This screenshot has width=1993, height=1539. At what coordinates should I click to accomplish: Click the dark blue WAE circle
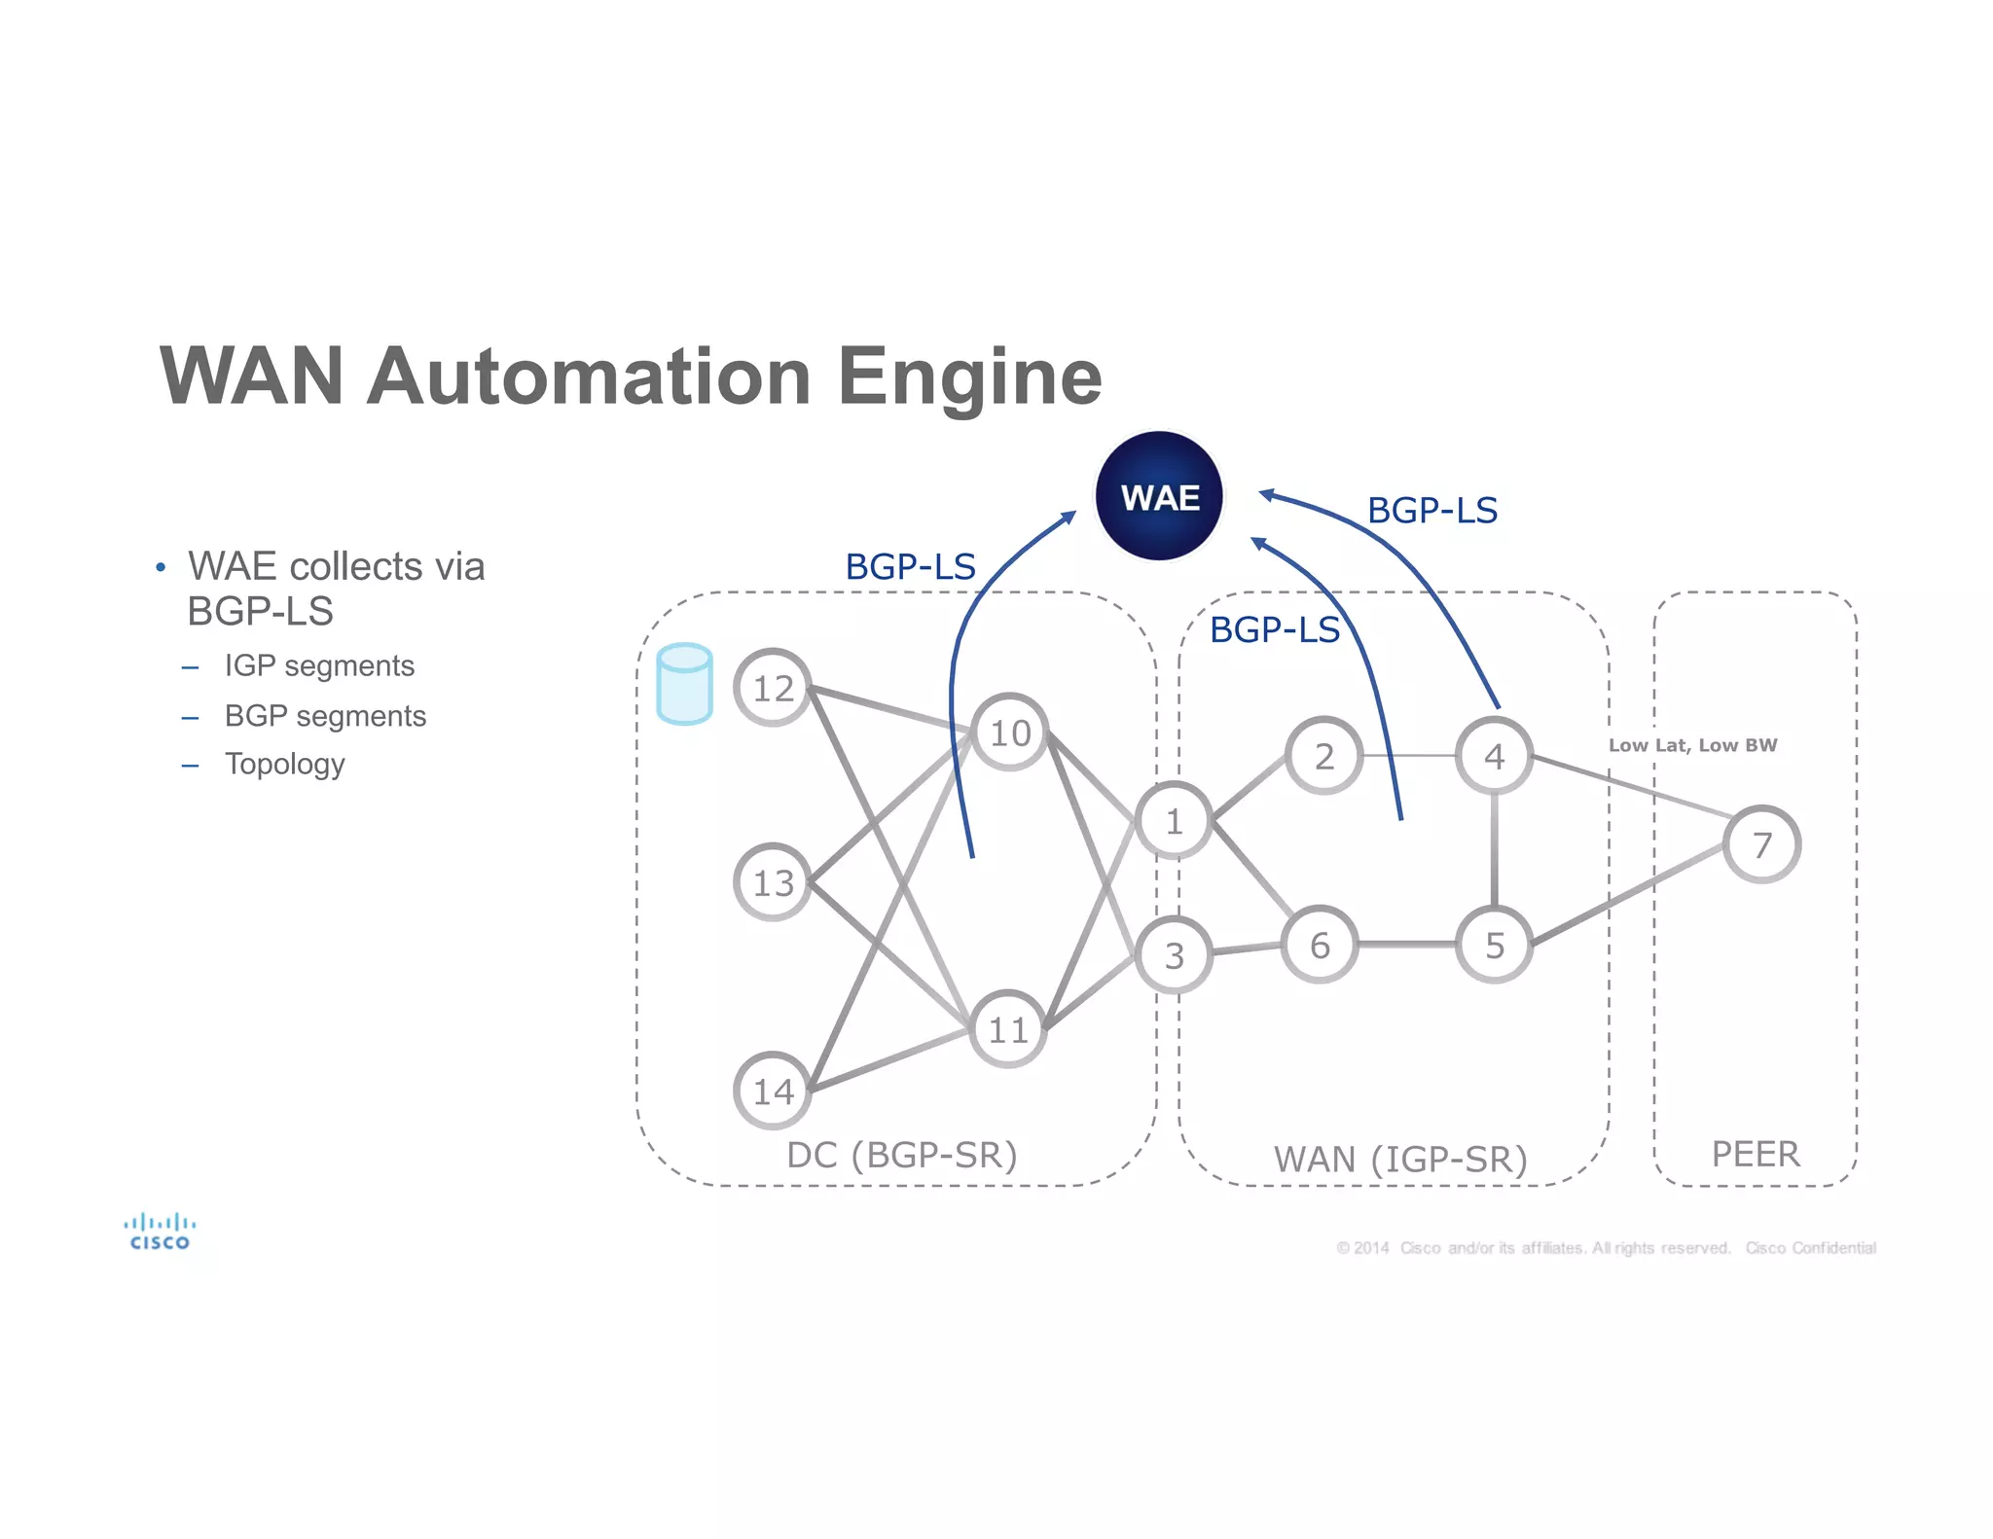pyautogui.click(x=1158, y=496)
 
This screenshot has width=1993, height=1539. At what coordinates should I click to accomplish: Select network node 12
pyautogui.click(x=773, y=688)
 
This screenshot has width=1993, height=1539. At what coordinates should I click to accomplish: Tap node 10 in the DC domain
pyautogui.click(x=1009, y=733)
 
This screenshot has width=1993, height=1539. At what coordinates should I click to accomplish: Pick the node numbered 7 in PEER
pyautogui.click(x=1761, y=844)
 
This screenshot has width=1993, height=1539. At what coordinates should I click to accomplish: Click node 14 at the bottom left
pyautogui.click(x=773, y=1091)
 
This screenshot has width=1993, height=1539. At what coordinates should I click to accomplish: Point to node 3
pyautogui.click(x=1174, y=955)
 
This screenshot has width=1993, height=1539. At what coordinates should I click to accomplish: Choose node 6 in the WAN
pyautogui.click(x=1320, y=945)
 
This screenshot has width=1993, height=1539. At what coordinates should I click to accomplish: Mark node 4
pyautogui.click(x=1494, y=756)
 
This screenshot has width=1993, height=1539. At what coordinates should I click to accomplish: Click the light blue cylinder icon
pyautogui.click(x=684, y=684)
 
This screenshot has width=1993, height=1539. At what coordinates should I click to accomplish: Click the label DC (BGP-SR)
pyautogui.click(x=901, y=1155)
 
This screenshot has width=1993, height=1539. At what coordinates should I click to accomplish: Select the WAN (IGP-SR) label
pyautogui.click(x=1399, y=1160)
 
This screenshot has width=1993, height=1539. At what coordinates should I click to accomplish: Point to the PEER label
pyautogui.click(x=1755, y=1154)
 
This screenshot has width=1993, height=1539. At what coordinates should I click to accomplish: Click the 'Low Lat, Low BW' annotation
pyautogui.click(x=1692, y=745)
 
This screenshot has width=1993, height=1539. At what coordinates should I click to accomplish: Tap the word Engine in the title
pyautogui.click(x=969, y=377)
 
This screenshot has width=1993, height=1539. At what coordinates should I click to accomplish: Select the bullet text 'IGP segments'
pyautogui.click(x=318, y=665)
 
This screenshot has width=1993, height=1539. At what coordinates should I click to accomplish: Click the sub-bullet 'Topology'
pyautogui.click(x=284, y=764)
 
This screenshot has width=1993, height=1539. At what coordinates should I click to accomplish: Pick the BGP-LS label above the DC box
pyautogui.click(x=910, y=566)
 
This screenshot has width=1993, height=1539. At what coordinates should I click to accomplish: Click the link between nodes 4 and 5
pyautogui.click(x=1494, y=849)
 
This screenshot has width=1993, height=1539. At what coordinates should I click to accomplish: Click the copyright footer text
pyautogui.click(x=1606, y=1248)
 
